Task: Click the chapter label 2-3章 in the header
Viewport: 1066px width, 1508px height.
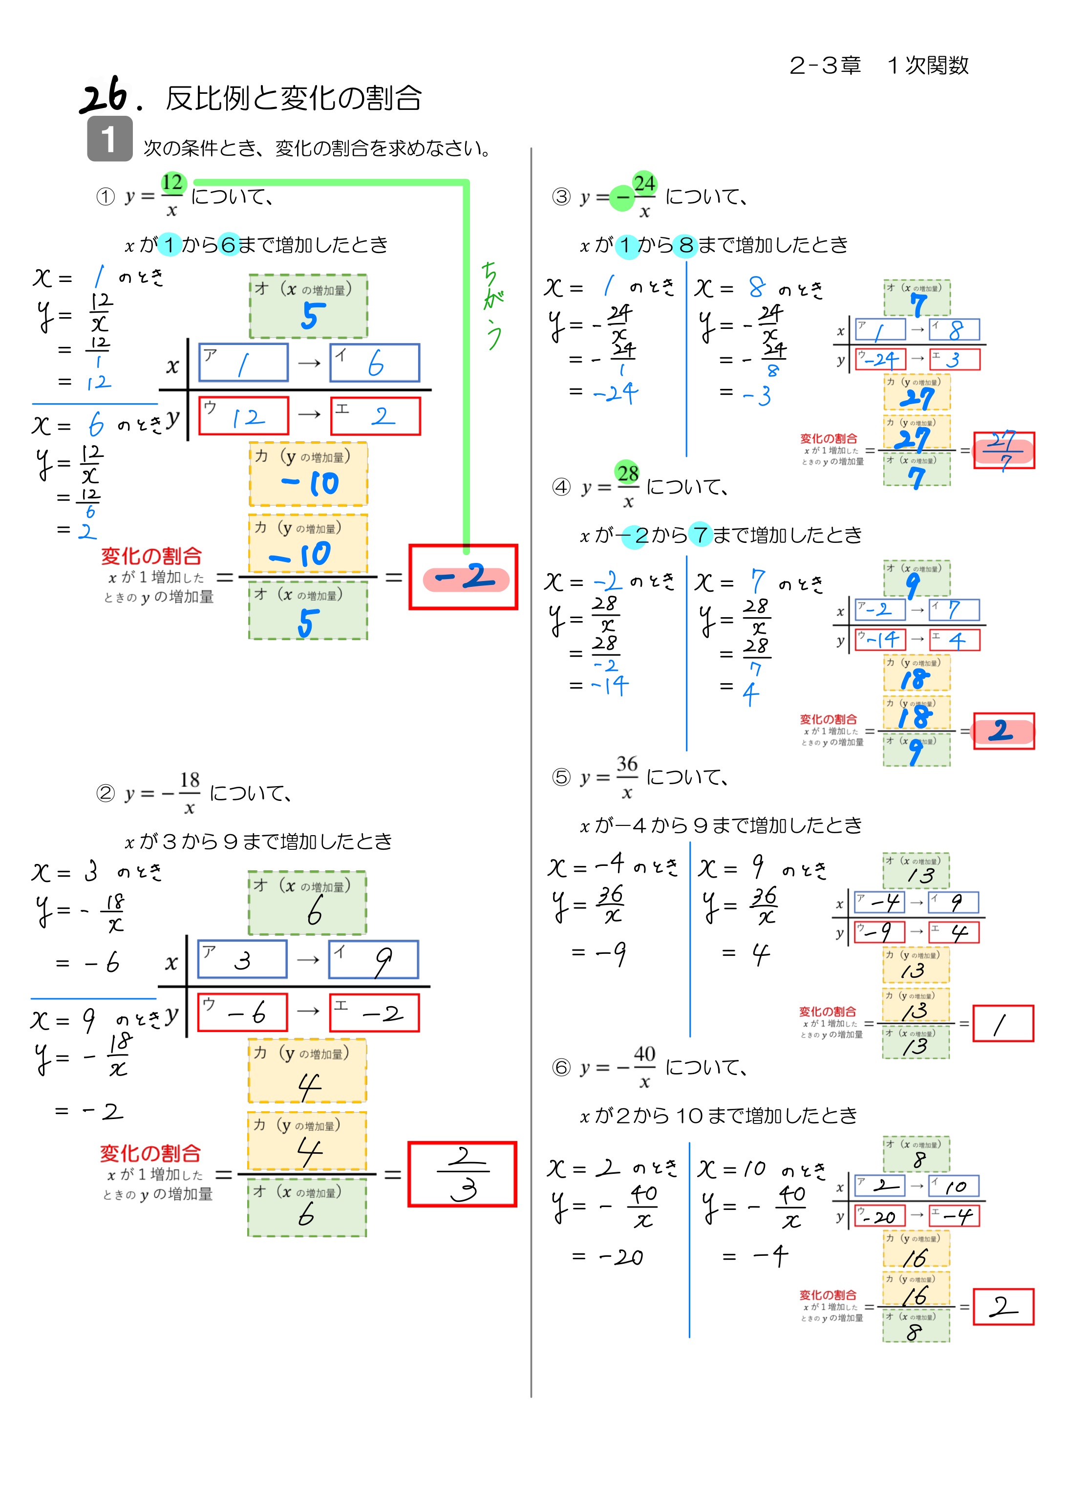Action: point(825,65)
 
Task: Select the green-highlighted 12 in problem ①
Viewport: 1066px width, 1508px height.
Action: point(173,183)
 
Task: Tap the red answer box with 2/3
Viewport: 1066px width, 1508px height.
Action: point(462,1174)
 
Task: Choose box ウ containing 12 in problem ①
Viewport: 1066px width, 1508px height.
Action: point(243,416)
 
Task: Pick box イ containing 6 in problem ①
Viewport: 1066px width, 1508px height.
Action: point(374,363)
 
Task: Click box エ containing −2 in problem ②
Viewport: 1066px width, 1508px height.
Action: point(374,1012)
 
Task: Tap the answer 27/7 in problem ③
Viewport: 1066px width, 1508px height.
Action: point(1003,450)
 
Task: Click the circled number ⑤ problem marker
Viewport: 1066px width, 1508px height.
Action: point(561,777)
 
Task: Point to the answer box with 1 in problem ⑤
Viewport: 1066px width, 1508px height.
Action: point(1002,1023)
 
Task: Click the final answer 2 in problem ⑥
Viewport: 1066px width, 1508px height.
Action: point(1002,1306)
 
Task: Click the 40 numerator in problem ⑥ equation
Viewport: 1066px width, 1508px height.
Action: point(644,1054)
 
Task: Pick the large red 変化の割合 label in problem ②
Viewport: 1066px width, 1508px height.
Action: point(150,1153)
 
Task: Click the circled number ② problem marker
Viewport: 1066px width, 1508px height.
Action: point(106,794)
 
